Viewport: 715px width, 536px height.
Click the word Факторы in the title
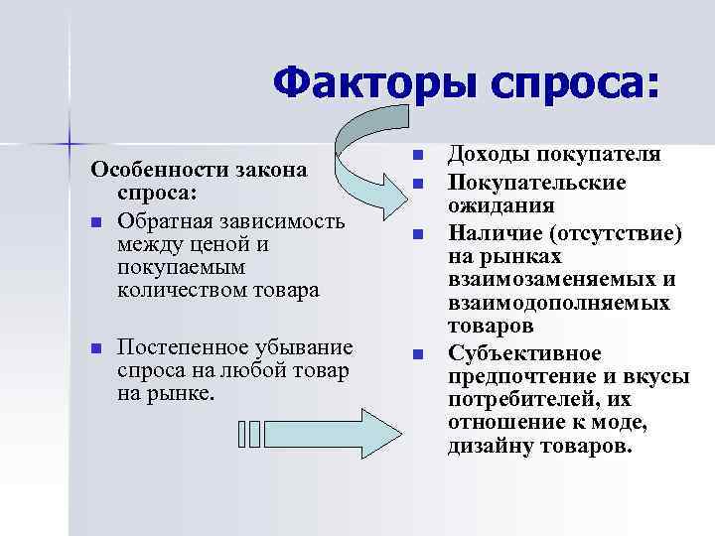point(366,84)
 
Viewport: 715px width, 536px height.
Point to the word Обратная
point(160,219)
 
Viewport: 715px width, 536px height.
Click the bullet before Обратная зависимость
point(94,220)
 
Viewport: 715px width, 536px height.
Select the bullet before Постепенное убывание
point(94,347)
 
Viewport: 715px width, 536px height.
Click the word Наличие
point(496,233)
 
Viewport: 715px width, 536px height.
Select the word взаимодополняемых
point(558,303)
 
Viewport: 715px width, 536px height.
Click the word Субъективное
point(524,352)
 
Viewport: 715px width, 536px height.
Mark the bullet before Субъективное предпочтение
point(418,353)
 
